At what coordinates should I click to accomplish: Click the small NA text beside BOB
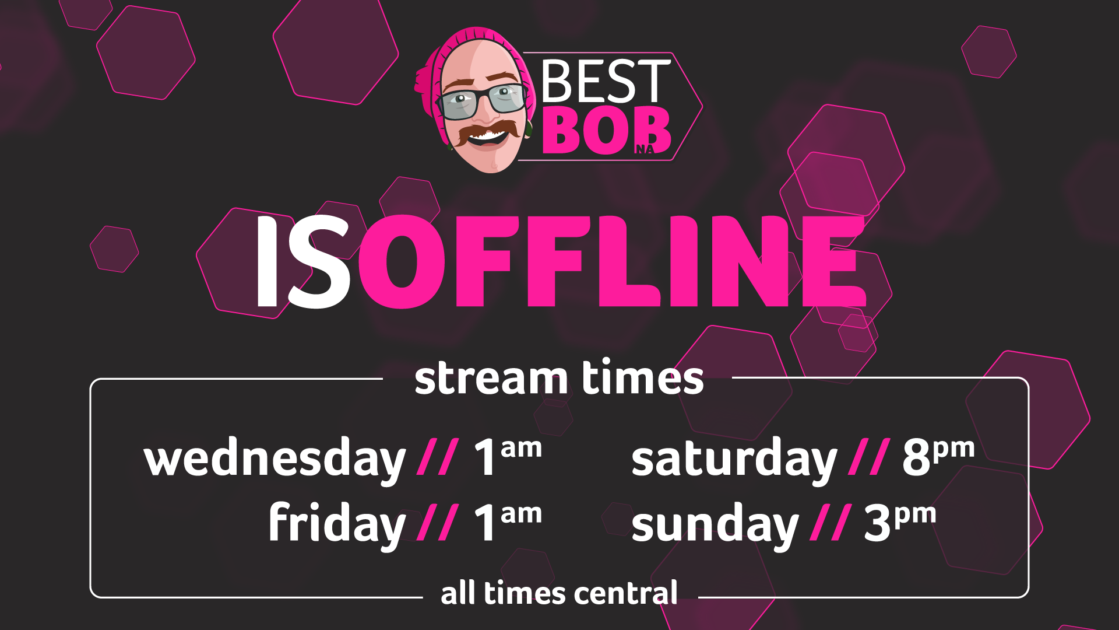pyautogui.click(x=645, y=149)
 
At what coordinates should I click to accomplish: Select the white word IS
pyautogui.click(x=303, y=262)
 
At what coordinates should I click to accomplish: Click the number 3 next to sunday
pyautogui.click(x=877, y=523)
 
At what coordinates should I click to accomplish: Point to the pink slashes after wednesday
pyautogui.click(x=438, y=457)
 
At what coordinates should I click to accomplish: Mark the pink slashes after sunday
pyautogui.click(x=831, y=522)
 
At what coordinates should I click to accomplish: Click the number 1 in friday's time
pyautogui.click(x=485, y=523)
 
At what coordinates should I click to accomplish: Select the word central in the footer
pyautogui.click(x=625, y=593)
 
